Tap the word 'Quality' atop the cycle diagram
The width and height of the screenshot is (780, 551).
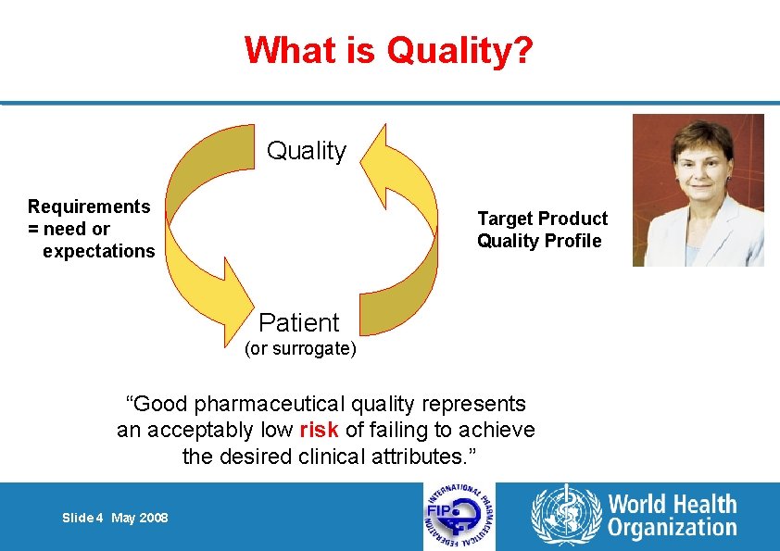(306, 151)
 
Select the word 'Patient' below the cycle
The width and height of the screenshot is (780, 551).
(299, 322)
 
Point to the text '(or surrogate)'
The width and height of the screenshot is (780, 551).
(299, 349)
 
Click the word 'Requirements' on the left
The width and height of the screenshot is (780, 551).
(89, 207)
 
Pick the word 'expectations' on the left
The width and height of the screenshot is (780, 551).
(99, 251)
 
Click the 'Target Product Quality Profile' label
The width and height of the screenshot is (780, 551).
(542, 230)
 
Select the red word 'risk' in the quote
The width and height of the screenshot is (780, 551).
(320, 430)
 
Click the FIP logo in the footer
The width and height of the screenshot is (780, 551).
(459, 517)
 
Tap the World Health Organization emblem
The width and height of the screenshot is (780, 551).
(564, 516)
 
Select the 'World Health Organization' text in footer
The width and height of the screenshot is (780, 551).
(672, 516)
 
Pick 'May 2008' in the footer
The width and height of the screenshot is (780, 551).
(140, 518)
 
